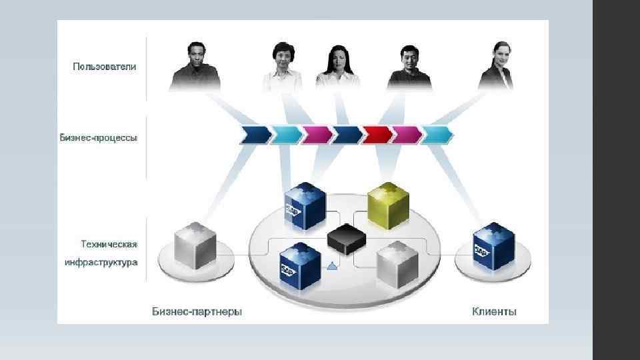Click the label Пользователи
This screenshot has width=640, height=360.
[x=105, y=67]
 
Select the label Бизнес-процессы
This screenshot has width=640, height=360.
[x=99, y=138]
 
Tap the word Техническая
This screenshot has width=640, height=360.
[x=109, y=245]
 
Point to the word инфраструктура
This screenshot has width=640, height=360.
[x=101, y=262]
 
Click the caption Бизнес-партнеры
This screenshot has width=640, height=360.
[x=197, y=311]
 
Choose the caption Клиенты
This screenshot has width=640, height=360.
[x=494, y=311]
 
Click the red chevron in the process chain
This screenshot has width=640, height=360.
[x=377, y=135]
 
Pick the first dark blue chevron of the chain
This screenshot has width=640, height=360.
[x=255, y=135]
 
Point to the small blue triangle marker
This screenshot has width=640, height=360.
[x=332, y=267]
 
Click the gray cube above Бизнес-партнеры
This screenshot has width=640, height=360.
[x=195, y=248]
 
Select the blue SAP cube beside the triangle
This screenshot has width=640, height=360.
[x=301, y=266]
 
